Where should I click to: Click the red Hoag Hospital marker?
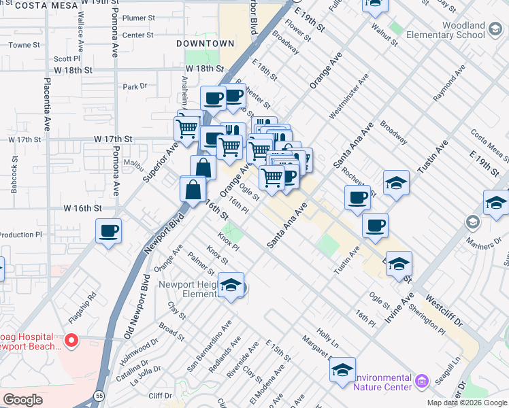71,339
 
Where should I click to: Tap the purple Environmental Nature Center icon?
422,382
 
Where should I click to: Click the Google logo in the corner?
22,399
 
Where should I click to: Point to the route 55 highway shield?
101,394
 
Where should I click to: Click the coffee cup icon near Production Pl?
109,231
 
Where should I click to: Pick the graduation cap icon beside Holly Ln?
342,369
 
